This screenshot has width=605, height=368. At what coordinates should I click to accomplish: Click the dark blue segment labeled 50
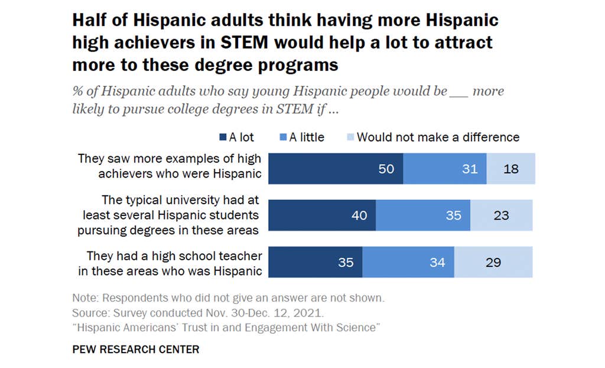point(336,169)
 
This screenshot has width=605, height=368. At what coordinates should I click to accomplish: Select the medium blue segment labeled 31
point(445,169)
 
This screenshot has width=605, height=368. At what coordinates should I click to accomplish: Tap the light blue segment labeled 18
point(510,169)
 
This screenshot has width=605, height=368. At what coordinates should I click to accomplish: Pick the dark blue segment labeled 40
point(322,215)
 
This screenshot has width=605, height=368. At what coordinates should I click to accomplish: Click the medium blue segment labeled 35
point(423,215)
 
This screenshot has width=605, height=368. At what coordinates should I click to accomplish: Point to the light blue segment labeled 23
point(501,215)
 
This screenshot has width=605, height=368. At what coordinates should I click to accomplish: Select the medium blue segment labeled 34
point(408,262)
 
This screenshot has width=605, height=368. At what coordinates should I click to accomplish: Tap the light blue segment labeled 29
point(493,262)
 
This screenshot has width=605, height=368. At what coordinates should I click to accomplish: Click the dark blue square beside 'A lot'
point(223,137)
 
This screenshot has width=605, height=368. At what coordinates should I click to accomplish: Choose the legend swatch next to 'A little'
point(284,137)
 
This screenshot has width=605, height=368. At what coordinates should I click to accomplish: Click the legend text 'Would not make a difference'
point(438,137)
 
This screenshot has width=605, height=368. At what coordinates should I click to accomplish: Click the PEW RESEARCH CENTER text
point(135,349)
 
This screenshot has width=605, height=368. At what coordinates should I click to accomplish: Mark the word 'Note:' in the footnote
point(84,297)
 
